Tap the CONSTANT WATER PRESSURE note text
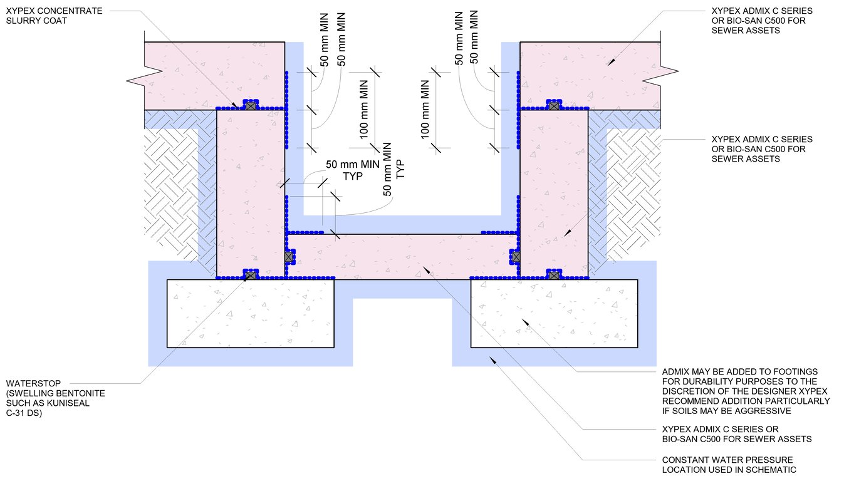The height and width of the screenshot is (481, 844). click(727, 465)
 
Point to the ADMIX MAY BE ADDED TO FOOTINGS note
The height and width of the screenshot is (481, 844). click(746, 391)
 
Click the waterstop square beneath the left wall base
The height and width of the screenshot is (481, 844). click(250, 275)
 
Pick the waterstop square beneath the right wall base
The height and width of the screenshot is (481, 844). click(554, 274)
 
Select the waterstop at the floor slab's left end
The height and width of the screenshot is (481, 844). click(289, 256)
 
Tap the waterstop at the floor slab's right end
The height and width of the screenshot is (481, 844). click(516, 256)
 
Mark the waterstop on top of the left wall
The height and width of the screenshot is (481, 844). click(251, 106)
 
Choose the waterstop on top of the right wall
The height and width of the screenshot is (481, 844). click(554, 106)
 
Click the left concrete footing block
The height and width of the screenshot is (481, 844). click(250, 313)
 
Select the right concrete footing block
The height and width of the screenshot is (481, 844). click(554, 313)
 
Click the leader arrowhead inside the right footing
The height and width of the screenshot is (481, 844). click(525, 322)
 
